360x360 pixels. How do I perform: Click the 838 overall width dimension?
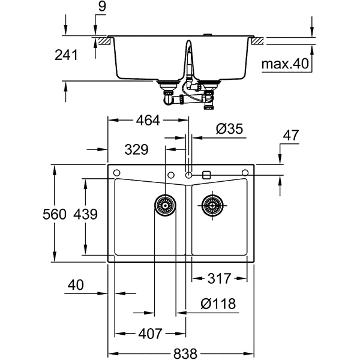(180, 353)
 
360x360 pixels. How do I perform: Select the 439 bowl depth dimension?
(85, 214)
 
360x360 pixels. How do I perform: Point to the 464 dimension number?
(147, 120)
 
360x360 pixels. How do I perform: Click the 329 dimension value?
(137, 149)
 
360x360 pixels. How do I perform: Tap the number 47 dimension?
(291, 136)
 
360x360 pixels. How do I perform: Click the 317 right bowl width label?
(219, 279)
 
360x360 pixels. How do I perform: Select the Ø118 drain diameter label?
(218, 304)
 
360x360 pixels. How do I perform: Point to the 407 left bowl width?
(150, 332)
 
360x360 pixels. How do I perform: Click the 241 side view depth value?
(66, 55)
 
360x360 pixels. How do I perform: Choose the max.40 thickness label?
(285, 63)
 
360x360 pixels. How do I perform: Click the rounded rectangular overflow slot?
(206, 174)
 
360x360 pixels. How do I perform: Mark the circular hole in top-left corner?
(116, 173)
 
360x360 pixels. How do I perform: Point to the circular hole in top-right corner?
(245, 173)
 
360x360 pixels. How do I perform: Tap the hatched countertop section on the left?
(106, 41)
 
